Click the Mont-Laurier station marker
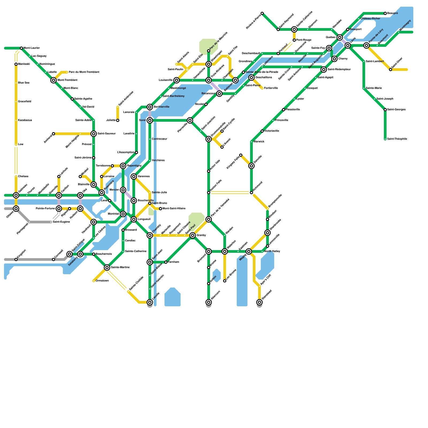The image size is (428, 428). (x=21, y=48)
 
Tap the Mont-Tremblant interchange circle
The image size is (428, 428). (x=53, y=80)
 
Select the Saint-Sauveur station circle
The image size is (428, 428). (x=94, y=134)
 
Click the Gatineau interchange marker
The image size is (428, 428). (x=16, y=195)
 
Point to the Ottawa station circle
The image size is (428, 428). (x=16, y=209)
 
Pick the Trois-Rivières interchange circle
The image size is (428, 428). (x=209, y=80)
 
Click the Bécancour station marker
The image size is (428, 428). (x=219, y=94)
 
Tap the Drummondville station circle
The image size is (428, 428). (x=209, y=139)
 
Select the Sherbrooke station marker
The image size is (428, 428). (x=267, y=233)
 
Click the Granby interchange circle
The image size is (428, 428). (x=193, y=235)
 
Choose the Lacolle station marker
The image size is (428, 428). (x=150, y=302)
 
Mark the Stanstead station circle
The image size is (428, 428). (x=259, y=302)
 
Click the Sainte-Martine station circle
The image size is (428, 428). (x=107, y=267)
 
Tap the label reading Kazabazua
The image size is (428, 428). (x=25, y=120)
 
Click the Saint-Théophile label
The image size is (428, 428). (x=397, y=139)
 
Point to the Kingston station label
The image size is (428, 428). (x=21, y=253)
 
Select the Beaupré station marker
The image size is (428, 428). (x=385, y=13)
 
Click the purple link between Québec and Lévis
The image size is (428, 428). (x=344, y=41)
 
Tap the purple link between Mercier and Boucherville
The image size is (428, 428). (x=128, y=195)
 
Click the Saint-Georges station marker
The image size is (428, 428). (x=385, y=110)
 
